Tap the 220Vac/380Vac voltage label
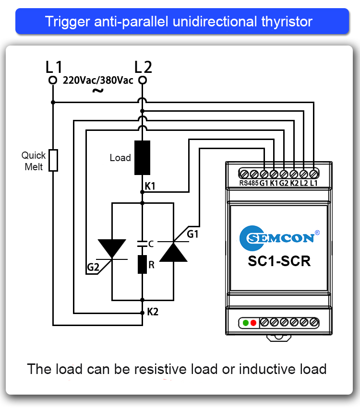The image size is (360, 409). coord(98,81)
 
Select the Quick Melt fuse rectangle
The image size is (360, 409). coord(54,160)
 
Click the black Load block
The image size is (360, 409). coord(142,158)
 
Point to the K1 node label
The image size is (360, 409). coord(150,186)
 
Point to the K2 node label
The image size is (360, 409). coord(153,312)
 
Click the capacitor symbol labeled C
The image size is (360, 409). coord(142,244)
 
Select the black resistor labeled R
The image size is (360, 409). coord(142,264)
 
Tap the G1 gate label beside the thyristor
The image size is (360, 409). coord(192,234)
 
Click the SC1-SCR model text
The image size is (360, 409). coord(279,261)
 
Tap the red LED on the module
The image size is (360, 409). coord(253,323)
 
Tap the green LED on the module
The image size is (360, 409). coord(246,323)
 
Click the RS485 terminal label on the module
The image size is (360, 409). coord(248,183)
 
